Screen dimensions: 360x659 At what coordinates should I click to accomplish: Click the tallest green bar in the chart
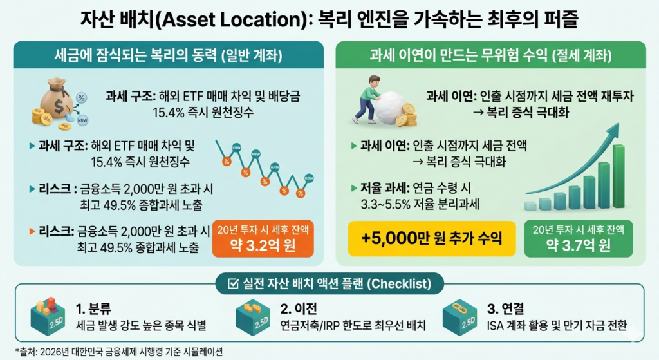point(618,176)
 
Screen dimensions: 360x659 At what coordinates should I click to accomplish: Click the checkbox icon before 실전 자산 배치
point(233,283)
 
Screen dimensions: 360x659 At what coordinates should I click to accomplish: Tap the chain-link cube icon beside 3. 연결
point(465,319)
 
